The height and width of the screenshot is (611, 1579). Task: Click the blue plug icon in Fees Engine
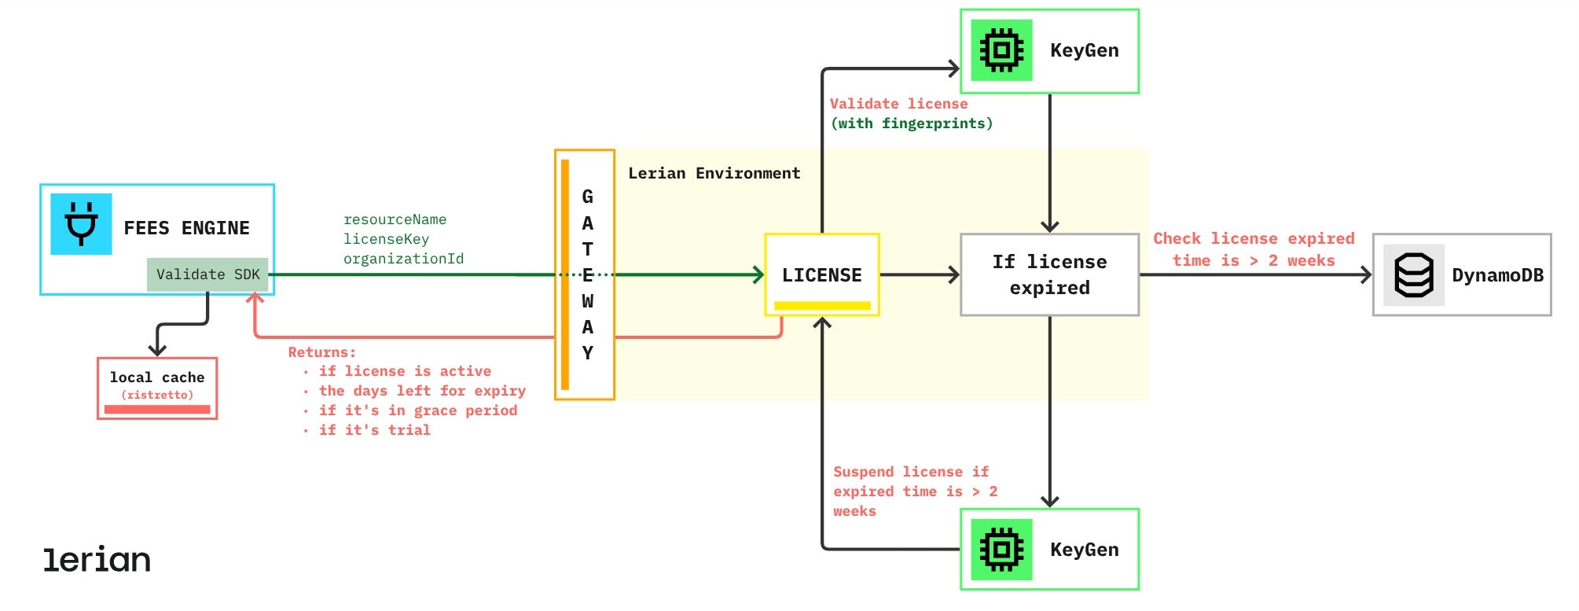81,224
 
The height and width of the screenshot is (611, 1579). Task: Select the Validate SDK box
207,274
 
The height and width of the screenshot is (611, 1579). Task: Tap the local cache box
157,388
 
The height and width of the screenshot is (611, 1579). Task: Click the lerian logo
97,559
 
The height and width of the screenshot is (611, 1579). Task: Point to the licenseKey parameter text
386,239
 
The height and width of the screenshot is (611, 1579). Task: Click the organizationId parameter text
403,259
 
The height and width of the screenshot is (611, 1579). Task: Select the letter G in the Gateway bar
587,197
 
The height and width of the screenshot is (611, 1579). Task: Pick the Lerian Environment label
714,173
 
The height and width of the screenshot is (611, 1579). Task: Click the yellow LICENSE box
822,275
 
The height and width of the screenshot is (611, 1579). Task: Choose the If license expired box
1049,274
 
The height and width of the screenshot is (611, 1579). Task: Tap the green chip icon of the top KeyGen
1001,50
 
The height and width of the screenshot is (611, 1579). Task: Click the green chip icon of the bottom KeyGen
1001,550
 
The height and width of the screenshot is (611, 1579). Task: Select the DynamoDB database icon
1413,275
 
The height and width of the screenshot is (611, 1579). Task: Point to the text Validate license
898,104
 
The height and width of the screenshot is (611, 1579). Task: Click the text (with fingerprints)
912,123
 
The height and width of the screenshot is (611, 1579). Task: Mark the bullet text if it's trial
374,430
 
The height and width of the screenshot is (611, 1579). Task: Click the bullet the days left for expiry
421,391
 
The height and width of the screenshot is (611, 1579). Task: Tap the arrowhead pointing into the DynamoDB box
1366,275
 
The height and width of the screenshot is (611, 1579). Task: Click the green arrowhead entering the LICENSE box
758,275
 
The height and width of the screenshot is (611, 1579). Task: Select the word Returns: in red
321,352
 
